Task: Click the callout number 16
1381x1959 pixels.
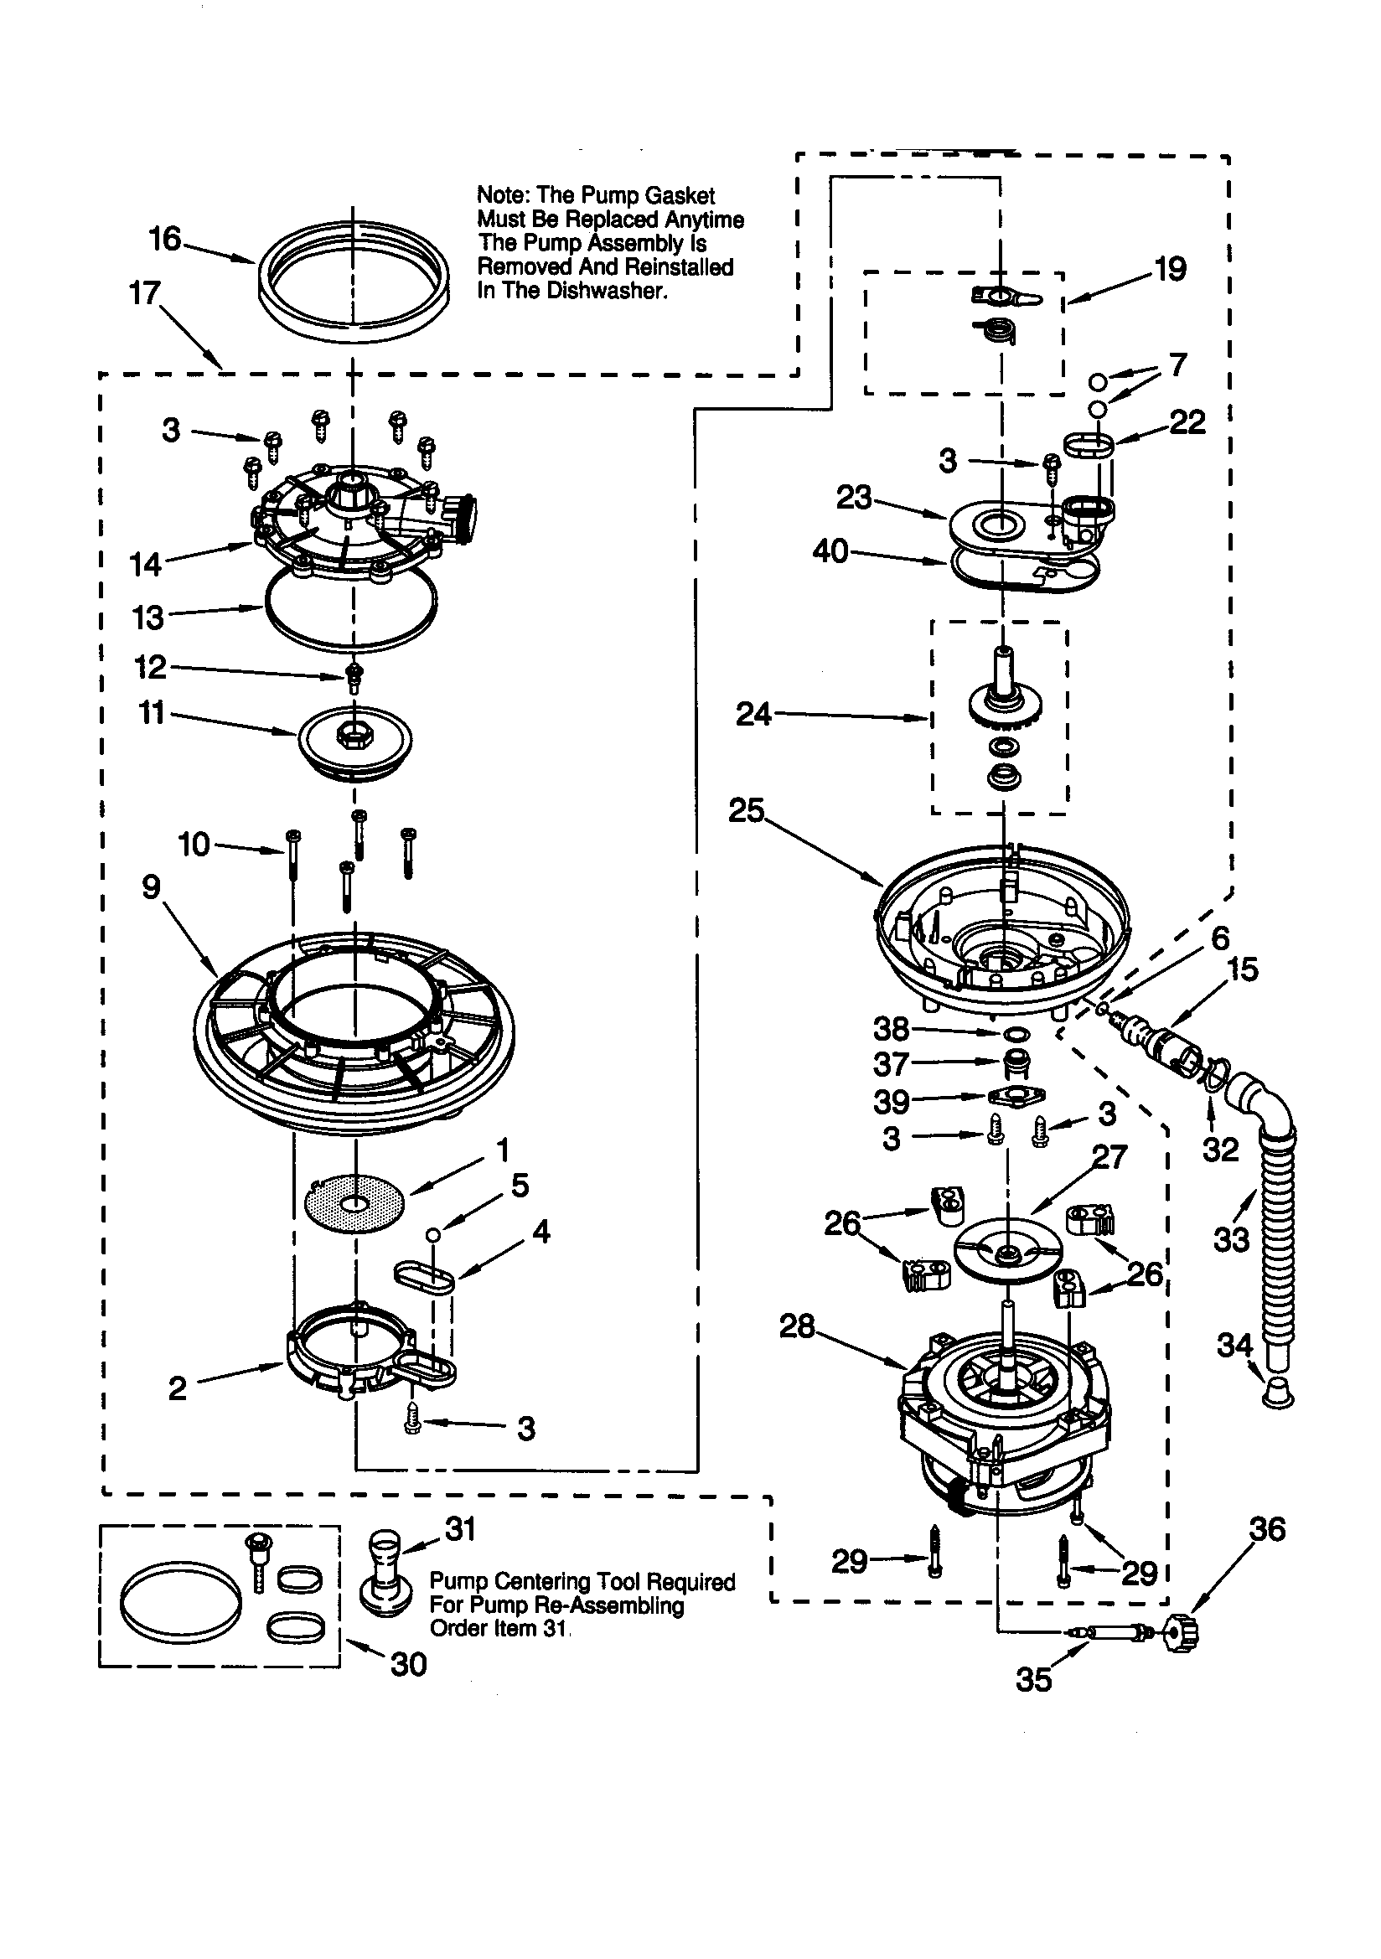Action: click(165, 239)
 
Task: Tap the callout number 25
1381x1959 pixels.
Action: click(746, 810)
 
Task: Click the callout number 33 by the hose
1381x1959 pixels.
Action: click(1231, 1239)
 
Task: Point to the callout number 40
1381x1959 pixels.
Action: click(830, 551)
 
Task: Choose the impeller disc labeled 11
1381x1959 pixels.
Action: click(355, 739)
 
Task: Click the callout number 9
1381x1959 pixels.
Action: click(151, 887)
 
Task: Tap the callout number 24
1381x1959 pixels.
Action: click(753, 714)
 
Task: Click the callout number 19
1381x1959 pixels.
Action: click(1170, 270)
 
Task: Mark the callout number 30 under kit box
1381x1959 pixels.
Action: click(408, 1664)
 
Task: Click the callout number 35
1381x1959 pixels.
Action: click(1033, 1680)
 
